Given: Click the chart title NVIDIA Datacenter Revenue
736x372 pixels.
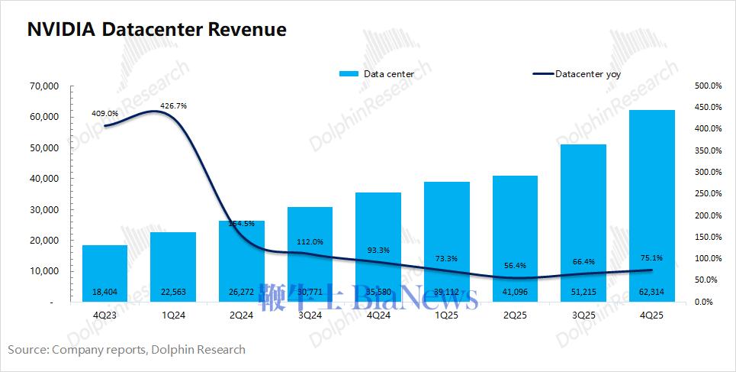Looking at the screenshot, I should pyautogui.click(x=157, y=30).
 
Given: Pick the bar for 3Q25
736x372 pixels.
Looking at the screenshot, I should pyautogui.click(x=583, y=222).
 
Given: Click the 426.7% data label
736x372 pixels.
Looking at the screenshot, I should pyautogui.click(x=174, y=104).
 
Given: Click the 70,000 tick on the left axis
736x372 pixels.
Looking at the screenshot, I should pyautogui.click(x=43, y=86).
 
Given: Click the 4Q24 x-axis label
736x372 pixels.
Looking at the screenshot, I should pyautogui.click(x=379, y=315).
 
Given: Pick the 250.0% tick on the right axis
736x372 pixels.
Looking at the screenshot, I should pyautogui.click(x=702, y=194).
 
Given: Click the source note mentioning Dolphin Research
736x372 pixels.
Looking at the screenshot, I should pyautogui.click(x=127, y=350).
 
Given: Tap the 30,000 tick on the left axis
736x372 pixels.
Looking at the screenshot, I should pyautogui.click(x=43, y=209).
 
